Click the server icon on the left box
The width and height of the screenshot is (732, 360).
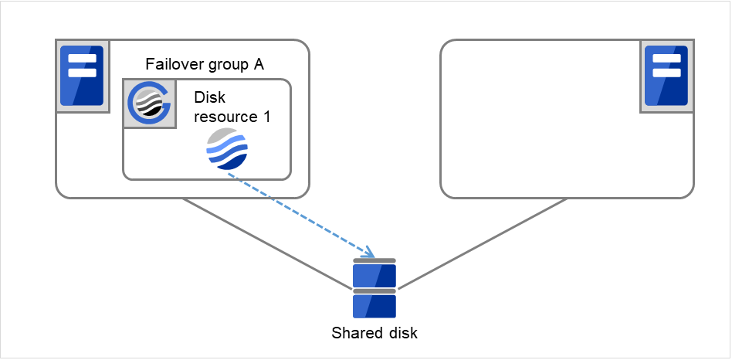click(81, 75)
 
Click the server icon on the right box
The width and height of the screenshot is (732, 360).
click(666, 75)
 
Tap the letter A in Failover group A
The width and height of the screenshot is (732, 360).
click(259, 64)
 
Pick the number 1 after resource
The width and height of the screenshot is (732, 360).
click(265, 117)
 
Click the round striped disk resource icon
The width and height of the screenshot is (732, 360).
click(227, 150)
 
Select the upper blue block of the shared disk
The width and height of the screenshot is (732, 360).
click(374, 276)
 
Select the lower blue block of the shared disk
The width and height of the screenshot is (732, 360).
click(374, 306)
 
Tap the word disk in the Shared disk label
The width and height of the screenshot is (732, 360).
click(403, 333)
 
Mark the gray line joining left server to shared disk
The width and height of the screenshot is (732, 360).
click(266, 243)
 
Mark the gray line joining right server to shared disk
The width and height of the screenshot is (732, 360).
click(483, 243)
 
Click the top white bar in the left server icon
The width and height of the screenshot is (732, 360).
click(81, 59)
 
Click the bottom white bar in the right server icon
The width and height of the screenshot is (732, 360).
click(666, 73)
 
